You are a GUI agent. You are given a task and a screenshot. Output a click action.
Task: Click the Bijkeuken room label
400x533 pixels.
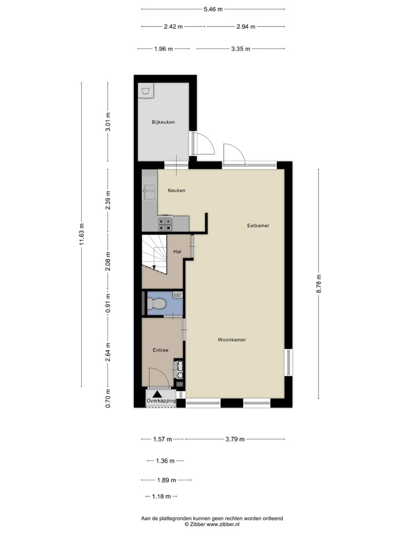(x=163, y=122)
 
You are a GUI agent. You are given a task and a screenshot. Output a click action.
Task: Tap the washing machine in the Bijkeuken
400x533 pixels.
(x=146, y=92)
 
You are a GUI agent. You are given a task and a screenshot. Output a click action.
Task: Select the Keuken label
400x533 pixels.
(x=176, y=190)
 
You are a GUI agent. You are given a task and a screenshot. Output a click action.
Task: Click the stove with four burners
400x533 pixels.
(x=166, y=223)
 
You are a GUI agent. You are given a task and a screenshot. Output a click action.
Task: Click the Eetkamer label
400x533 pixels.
(x=258, y=225)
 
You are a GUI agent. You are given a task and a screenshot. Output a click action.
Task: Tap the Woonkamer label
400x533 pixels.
(x=232, y=339)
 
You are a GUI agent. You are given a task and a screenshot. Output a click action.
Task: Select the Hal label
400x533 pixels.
(x=177, y=252)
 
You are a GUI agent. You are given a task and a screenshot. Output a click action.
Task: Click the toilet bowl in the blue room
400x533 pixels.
(x=157, y=304)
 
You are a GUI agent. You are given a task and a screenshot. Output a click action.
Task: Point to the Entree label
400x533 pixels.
(x=160, y=350)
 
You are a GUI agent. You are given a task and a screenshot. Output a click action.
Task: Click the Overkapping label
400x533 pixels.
(x=161, y=400)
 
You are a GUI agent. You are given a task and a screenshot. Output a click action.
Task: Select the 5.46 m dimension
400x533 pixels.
(x=213, y=9)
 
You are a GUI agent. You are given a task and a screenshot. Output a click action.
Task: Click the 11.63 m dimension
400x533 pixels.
(x=82, y=234)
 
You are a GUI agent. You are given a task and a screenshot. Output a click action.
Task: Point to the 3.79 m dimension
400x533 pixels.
(x=234, y=439)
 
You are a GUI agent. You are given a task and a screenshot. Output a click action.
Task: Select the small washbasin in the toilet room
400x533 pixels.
(x=177, y=294)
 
